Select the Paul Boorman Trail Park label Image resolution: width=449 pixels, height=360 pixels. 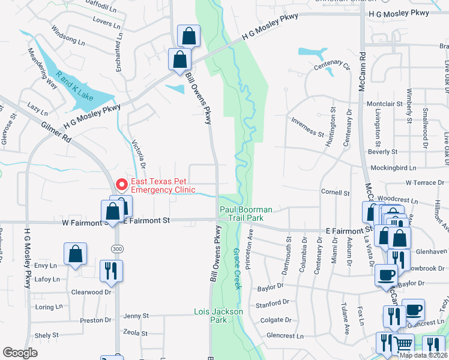(x=246, y=214)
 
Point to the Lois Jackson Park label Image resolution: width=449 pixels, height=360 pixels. (x=218, y=316)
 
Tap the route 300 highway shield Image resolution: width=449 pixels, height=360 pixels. (x=116, y=248)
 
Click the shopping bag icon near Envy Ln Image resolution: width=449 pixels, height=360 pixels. (x=76, y=253)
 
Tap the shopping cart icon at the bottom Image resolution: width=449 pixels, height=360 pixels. (x=403, y=344)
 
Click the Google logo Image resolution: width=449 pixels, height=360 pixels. (x=20, y=353)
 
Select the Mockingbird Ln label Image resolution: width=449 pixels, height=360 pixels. (x=393, y=168)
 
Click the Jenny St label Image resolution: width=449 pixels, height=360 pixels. (x=136, y=316)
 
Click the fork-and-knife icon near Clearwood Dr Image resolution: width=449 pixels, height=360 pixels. (x=112, y=270)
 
